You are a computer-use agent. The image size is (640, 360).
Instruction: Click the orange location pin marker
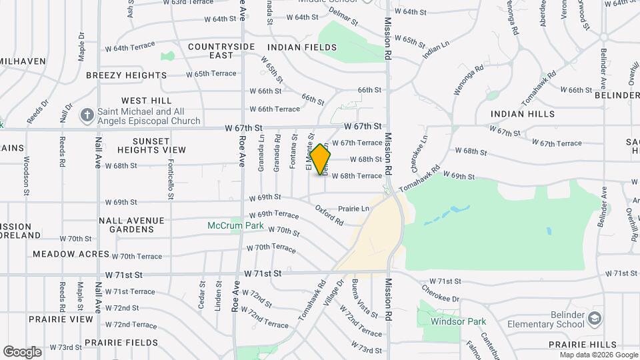[321, 159]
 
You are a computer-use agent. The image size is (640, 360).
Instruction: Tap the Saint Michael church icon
[87, 115]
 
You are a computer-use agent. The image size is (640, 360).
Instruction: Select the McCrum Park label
[235, 226]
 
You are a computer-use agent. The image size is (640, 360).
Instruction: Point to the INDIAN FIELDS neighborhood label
[302, 47]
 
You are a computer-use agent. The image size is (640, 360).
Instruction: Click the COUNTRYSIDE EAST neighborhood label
[212, 51]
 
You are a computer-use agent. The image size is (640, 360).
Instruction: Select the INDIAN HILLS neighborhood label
[523, 114]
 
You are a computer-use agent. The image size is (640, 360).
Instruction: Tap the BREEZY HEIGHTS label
[126, 75]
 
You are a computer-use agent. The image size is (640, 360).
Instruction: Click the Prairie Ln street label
[353, 209]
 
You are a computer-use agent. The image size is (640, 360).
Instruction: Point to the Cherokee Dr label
[441, 293]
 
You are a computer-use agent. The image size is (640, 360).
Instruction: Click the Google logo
[22, 352]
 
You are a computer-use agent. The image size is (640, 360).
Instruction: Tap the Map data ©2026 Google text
[598, 355]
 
